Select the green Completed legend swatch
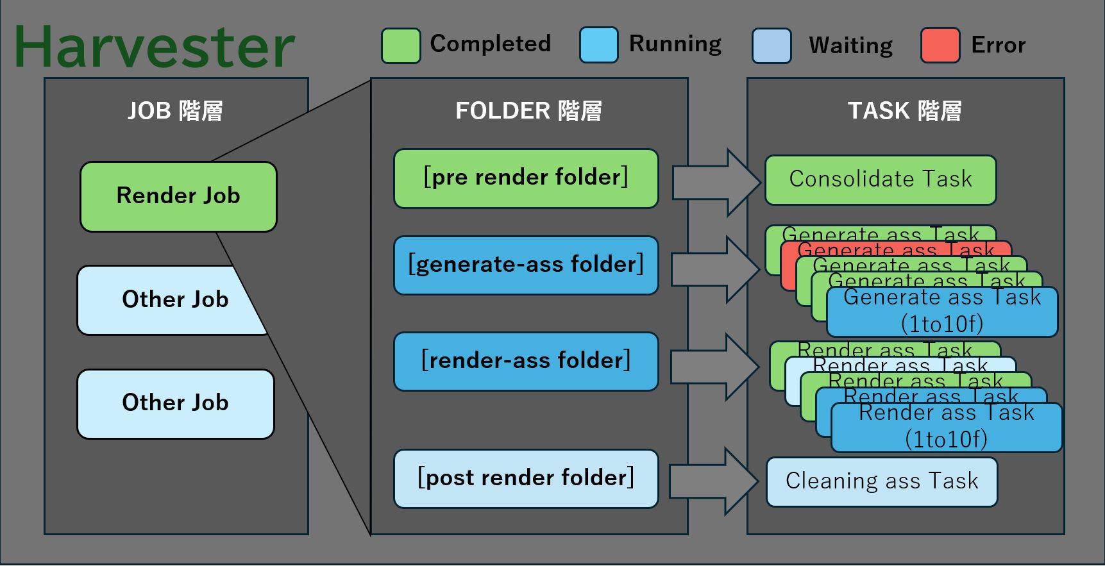pyautogui.click(x=401, y=46)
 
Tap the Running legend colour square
pyautogui.click(x=598, y=45)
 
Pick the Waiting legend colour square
pyautogui.click(x=771, y=46)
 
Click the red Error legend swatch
pyautogui.click(x=940, y=45)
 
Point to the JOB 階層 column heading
pyautogui.click(x=175, y=111)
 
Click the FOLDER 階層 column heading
pyautogui.click(x=528, y=111)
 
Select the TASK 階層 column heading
pyautogui.click(x=904, y=111)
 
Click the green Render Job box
pyautogui.click(x=178, y=196)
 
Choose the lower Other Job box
pyautogui.click(x=175, y=404)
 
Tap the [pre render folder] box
pyautogui.click(x=526, y=178)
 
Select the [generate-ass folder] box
pyautogui.click(x=526, y=265)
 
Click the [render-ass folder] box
pyautogui.click(x=526, y=362)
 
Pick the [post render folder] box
pyautogui.click(x=526, y=479)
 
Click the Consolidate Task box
pyautogui.click(x=880, y=180)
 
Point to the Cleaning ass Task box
pyautogui.click(x=882, y=481)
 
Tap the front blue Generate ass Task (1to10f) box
pyautogui.click(x=941, y=312)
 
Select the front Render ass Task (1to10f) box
pyautogui.click(x=946, y=428)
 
